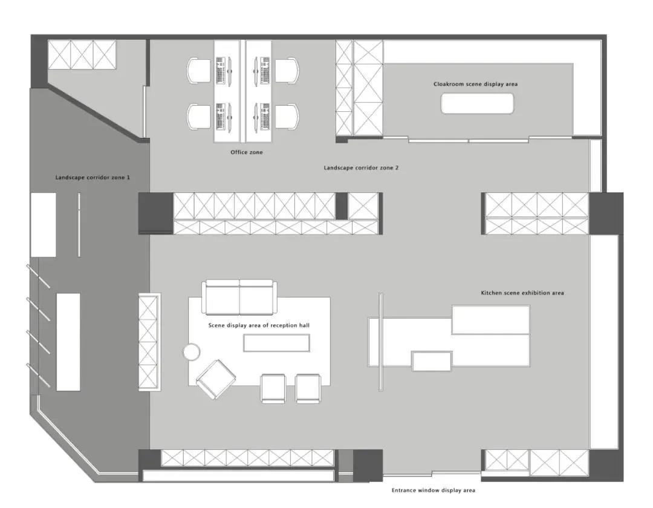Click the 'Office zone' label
tap(247, 152)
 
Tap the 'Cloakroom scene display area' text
tap(476, 84)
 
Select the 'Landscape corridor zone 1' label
tap(93, 177)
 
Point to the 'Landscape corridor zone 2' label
tap(361, 168)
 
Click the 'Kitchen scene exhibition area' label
tap(522, 293)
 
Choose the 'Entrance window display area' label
tap(433, 490)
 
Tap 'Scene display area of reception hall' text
tap(259, 325)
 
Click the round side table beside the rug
tap(192, 352)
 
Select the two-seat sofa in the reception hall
tap(239, 298)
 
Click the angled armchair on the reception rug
tap(216, 379)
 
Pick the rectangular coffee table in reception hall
tap(276, 343)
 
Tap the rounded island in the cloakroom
tap(477, 103)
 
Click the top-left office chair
tap(199, 71)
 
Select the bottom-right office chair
tap(287, 117)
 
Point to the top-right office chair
tap(287, 71)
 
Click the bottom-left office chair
tap(199, 117)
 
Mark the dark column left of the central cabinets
tap(155, 213)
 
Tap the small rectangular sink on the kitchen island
tap(432, 361)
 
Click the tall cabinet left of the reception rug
tap(149, 342)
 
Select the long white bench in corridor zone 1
tap(68, 342)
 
